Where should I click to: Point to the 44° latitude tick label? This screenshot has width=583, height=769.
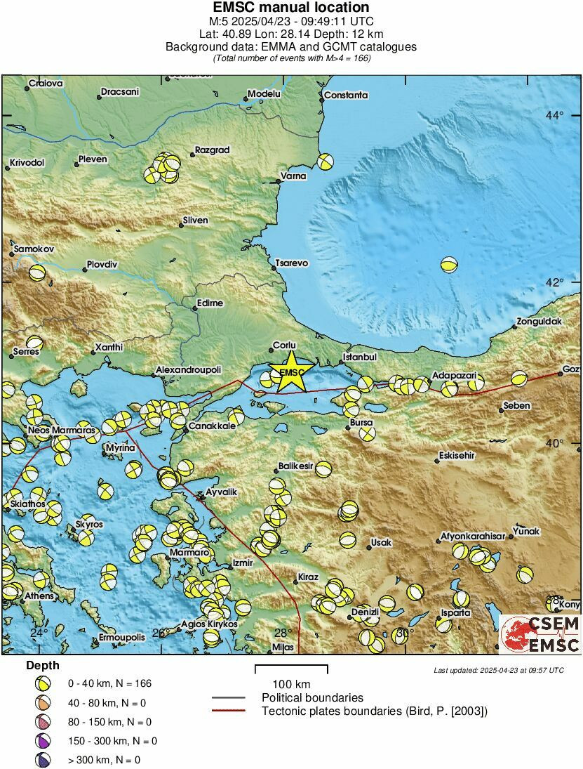[555, 114]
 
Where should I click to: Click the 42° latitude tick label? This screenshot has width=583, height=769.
[555, 282]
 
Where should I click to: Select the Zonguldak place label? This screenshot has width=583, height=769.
[540, 322]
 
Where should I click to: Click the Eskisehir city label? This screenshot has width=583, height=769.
[457, 455]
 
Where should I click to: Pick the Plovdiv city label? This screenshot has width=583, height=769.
[102, 265]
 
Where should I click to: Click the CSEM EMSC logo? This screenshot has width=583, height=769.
[541, 634]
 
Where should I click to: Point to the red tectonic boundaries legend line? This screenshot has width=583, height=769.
[229, 711]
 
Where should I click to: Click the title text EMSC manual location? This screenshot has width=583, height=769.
[291, 8]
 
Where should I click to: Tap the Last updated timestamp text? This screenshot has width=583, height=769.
[498, 670]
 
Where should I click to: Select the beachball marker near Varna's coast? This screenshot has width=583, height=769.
[324, 162]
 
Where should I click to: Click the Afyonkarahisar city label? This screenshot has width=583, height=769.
[472, 536]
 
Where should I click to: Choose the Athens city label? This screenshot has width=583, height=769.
[39, 596]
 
